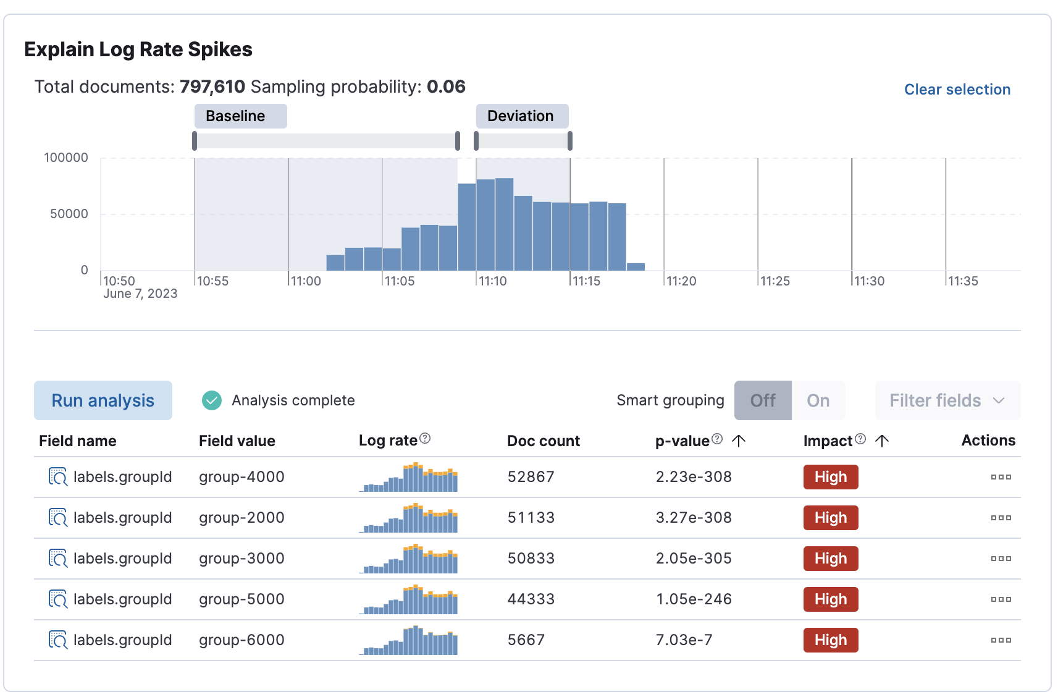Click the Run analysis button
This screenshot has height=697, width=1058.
click(103, 400)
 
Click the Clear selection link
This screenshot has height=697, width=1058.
click(957, 90)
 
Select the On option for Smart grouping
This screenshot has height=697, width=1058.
click(818, 400)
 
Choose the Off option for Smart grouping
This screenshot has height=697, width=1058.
click(762, 400)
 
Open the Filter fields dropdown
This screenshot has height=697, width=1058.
click(947, 400)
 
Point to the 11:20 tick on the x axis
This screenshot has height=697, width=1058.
click(681, 281)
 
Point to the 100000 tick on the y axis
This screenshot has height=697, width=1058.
click(66, 158)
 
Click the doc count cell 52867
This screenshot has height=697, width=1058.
click(531, 477)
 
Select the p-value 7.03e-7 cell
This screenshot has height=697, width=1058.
click(684, 640)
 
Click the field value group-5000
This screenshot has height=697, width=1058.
click(241, 599)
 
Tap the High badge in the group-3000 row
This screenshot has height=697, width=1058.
click(830, 559)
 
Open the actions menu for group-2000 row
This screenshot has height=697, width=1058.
click(1001, 518)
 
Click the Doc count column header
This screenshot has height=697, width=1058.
click(543, 441)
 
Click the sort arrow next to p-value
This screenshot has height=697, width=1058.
click(739, 441)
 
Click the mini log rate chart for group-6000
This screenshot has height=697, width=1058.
click(408, 641)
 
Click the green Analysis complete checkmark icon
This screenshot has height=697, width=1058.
click(212, 400)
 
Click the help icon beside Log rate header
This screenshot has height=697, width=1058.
click(425, 439)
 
